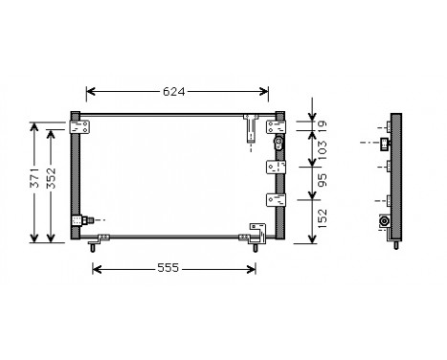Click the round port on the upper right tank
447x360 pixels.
278,143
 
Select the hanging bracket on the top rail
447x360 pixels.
250,127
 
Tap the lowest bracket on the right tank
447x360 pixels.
276,200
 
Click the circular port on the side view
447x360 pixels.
384,220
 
